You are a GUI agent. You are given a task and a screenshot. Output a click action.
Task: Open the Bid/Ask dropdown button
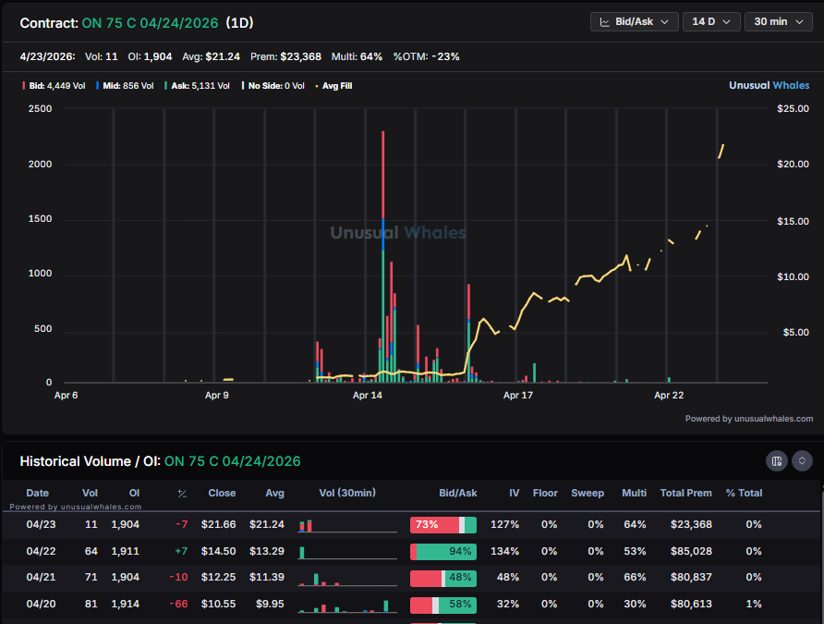click(x=635, y=21)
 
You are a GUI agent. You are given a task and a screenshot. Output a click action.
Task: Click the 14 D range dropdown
click(x=710, y=21)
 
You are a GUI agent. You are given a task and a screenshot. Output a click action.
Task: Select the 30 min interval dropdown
click(x=778, y=21)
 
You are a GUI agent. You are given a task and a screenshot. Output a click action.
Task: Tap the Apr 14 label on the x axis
click(x=368, y=395)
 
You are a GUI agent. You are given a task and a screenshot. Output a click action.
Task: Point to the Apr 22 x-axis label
click(x=669, y=395)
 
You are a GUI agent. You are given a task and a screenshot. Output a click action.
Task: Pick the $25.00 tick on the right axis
click(x=793, y=109)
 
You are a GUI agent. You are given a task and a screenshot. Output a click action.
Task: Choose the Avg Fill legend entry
click(x=333, y=86)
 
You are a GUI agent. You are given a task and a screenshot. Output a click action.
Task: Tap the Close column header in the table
click(x=222, y=493)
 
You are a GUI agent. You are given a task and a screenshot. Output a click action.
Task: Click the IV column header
click(x=509, y=493)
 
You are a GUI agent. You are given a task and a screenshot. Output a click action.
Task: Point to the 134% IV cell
click(x=504, y=551)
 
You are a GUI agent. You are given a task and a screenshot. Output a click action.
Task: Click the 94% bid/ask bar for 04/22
click(x=443, y=551)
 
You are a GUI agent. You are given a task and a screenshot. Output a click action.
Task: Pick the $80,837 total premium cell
click(x=691, y=578)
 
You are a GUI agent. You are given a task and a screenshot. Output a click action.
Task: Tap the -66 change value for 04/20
click(x=180, y=604)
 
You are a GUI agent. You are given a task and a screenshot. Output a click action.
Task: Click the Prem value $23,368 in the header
click(x=299, y=56)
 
